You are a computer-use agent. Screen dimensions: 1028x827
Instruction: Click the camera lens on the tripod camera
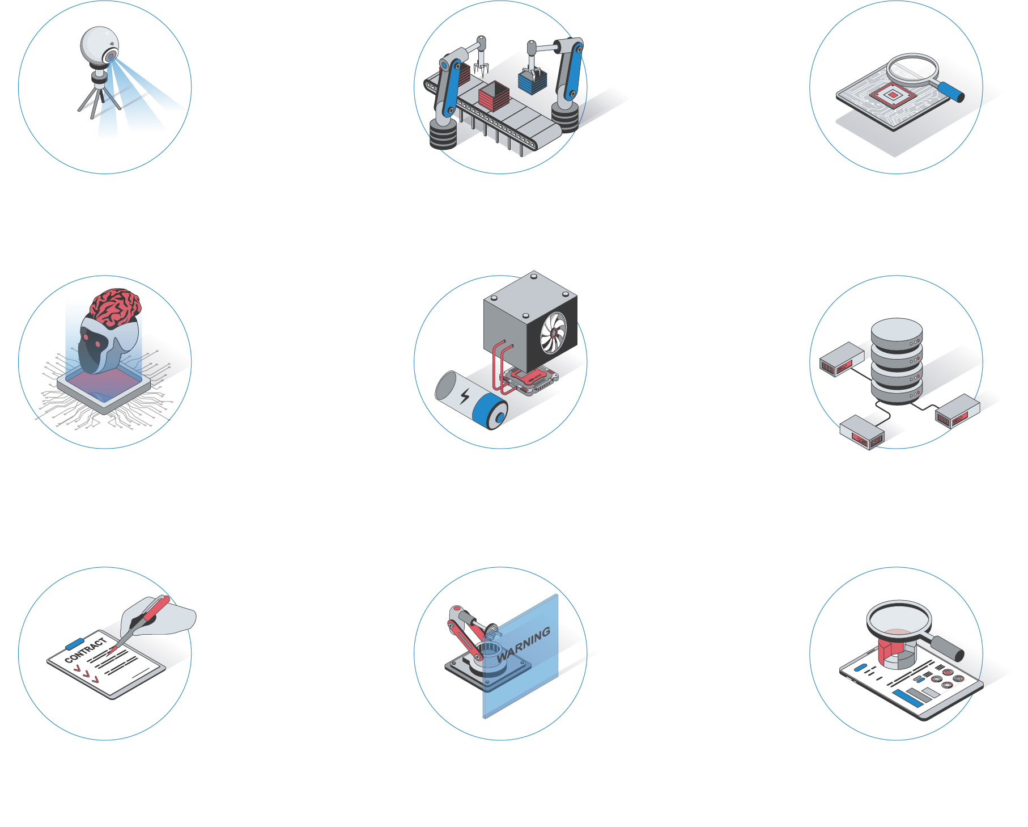(111, 56)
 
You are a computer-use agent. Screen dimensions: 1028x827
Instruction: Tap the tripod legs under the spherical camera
(99, 101)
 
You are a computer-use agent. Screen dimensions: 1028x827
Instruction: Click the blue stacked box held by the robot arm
(532, 81)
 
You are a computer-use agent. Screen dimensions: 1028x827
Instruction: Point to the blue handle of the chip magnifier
(951, 92)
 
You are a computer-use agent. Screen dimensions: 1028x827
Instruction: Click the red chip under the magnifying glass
(892, 95)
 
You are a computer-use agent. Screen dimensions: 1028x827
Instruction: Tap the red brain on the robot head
(116, 307)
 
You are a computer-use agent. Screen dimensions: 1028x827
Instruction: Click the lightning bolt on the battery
(465, 395)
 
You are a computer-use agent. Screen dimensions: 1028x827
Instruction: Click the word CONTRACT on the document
(86, 650)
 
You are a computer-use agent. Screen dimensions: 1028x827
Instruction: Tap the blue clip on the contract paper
(75, 643)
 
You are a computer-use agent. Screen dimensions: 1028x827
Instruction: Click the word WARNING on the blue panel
(524, 644)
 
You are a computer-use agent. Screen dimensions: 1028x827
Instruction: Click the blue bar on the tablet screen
(907, 698)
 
